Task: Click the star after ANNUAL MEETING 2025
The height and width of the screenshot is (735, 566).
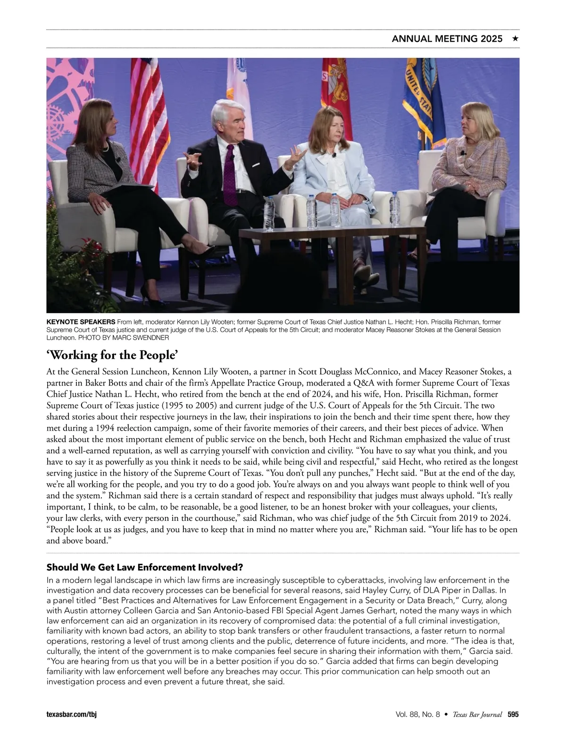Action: coord(516,39)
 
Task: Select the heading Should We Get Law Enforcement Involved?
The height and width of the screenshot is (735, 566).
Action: coord(145,567)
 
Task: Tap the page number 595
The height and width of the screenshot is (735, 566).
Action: coord(513,715)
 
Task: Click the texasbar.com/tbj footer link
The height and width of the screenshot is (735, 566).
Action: coord(71,715)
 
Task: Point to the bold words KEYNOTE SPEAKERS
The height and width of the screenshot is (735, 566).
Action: coord(81,322)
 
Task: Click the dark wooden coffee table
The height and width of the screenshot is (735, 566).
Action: coord(330,236)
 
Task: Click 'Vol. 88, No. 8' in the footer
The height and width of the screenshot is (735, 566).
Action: coord(418,715)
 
